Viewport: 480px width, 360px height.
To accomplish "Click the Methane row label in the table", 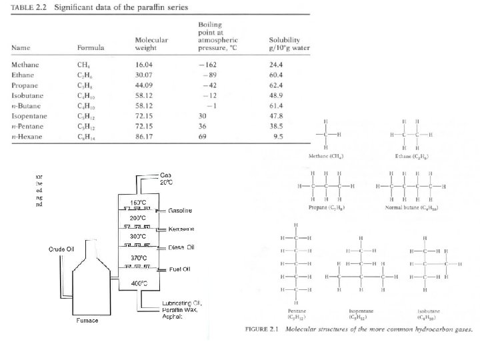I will pyautogui.click(x=25, y=65).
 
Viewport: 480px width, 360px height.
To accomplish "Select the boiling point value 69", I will pyautogui.click(x=202, y=136).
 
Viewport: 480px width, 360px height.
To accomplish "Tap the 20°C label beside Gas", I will pyautogui.click(x=167, y=182).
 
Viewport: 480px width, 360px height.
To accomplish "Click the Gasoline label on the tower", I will pyautogui.click(x=180, y=211).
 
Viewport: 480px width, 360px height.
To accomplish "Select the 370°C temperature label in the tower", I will pyautogui.click(x=138, y=257).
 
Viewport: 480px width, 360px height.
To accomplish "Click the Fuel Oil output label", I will pyautogui.click(x=180, y=269).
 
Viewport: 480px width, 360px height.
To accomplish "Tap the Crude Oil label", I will pyautogui.click(x=61, y=249).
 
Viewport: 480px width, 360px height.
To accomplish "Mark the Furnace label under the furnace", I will pyautogui.click(x=86, y=321).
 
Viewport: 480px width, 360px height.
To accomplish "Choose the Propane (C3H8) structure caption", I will pyautogui.click(x=326, y=208).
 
